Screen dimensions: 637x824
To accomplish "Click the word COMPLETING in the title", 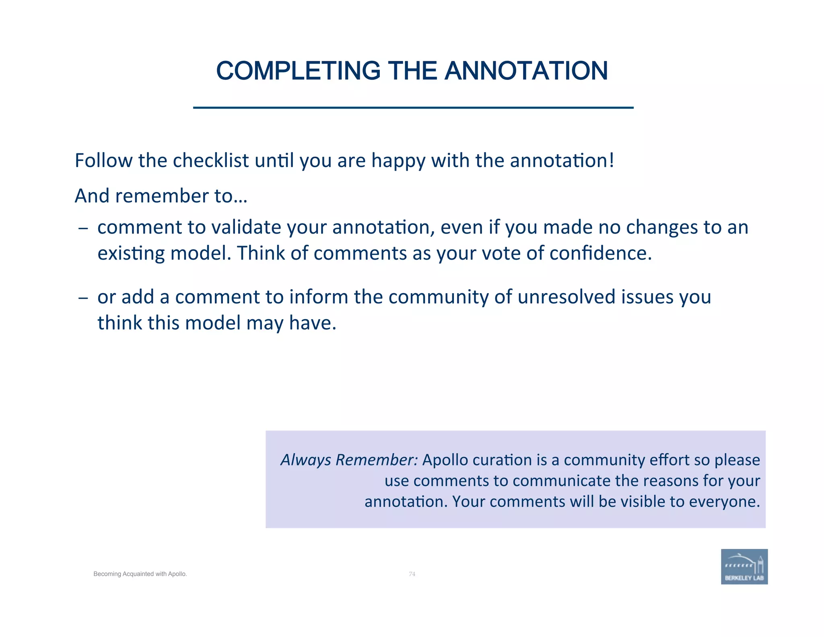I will (298, 71).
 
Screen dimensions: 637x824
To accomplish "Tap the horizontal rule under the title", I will (413, 108).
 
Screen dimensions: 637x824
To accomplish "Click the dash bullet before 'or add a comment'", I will (83, 298).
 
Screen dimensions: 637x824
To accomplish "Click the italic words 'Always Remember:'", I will (349, 460).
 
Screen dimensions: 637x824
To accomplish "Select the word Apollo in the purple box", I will (445, 460).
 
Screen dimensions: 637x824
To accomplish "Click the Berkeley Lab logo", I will (744, 567).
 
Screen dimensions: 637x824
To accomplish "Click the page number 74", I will (412, 574).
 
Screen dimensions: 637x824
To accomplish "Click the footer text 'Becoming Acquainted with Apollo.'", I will (140, 574).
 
